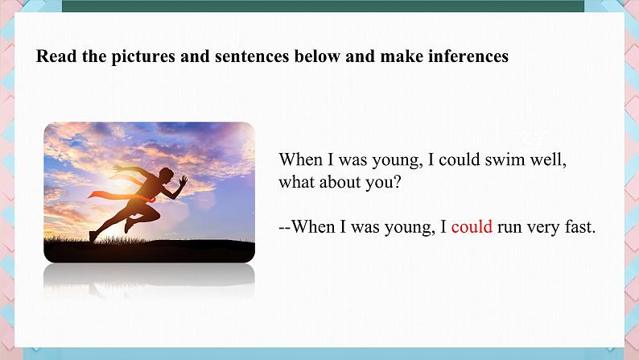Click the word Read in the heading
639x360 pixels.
tap(56, 56)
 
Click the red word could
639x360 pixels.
tap(472, 226)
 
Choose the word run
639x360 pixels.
tap(509, 228)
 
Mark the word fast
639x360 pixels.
tap(578, 226)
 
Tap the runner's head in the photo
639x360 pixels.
tap(166, 174)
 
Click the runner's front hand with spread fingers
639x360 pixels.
tap(183, 180)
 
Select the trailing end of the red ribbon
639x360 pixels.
tap(89, 197)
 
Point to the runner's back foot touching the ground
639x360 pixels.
tap(93, 237)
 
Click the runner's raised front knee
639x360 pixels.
tap(157, 215)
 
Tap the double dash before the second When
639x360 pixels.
tap(285, 227)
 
